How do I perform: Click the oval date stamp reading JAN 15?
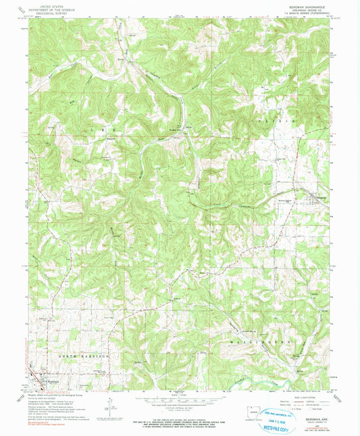click(278, 414)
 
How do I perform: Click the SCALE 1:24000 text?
click(179, 394)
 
